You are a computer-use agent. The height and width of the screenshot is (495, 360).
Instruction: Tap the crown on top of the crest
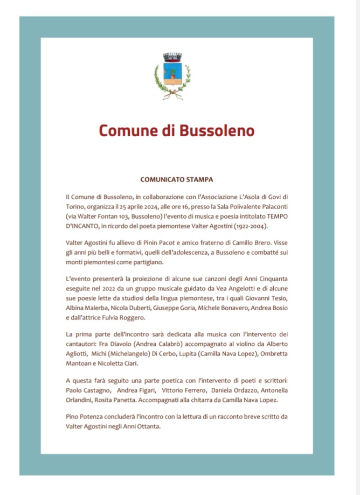click(x=172, y=57)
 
